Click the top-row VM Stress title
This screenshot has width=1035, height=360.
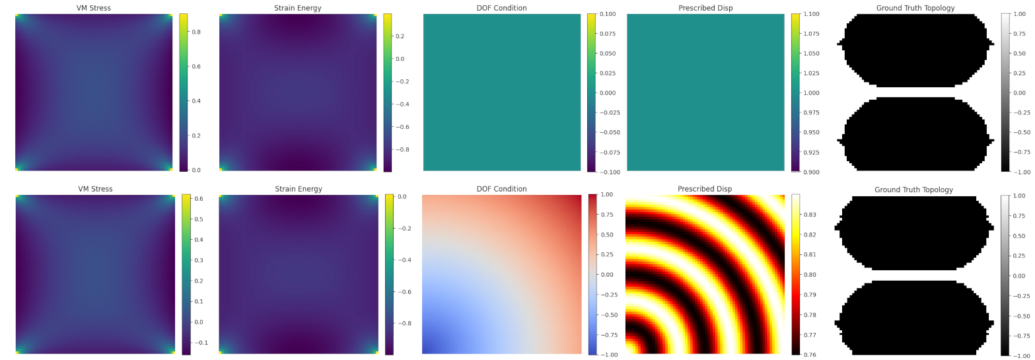[94, 8]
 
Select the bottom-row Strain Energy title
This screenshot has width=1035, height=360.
[299, 189]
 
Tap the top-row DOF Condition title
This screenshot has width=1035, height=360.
[501, 8]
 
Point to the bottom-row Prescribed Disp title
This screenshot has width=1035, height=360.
[705, 189]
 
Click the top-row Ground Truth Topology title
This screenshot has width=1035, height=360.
[915, 8]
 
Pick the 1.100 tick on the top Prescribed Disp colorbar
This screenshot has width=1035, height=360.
[810, 14]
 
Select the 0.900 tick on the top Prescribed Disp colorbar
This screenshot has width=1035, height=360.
[810, 172]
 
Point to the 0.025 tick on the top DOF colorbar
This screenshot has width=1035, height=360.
[606, 73]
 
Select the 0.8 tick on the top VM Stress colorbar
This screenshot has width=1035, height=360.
[196, 32]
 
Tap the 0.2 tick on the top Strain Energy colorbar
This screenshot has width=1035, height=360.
[400, 36]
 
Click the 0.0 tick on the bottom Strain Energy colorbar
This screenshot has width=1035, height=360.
[400, 197]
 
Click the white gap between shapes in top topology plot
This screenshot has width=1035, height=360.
[915, 92]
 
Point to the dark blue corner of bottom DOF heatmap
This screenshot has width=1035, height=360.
[426, 350]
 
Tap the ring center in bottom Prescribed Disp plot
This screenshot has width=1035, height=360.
[629, 351]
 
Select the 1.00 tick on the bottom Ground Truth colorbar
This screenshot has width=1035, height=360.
[1020, 196]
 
